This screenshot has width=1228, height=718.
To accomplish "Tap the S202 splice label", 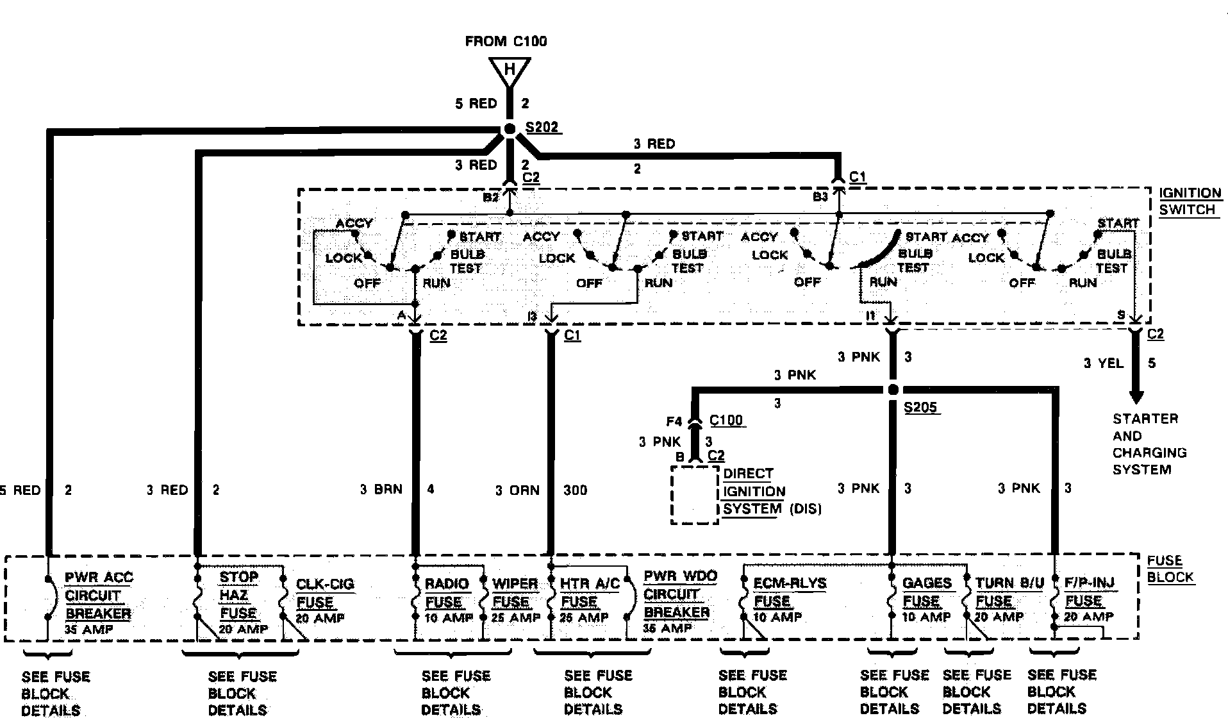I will (x=542, y=127).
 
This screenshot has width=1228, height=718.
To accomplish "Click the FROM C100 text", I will (x=506, y=42).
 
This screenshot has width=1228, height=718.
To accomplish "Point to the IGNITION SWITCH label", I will (x=1190, y=201).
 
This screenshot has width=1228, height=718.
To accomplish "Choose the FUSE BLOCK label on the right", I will (x=1170, y=569).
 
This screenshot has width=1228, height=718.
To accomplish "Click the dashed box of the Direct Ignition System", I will (x=695, y=495).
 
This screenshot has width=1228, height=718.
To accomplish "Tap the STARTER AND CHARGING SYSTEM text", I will (x=1149, y=444).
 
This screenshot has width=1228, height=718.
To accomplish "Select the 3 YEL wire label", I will (x=1103, y=363).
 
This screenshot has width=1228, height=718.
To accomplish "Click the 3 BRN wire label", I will (x=381, y=490).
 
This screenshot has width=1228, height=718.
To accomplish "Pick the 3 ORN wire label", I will (x=517, y=490).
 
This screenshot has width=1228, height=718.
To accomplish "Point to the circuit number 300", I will (x=575, y=490).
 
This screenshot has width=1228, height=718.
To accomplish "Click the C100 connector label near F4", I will (x=726, y=421).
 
